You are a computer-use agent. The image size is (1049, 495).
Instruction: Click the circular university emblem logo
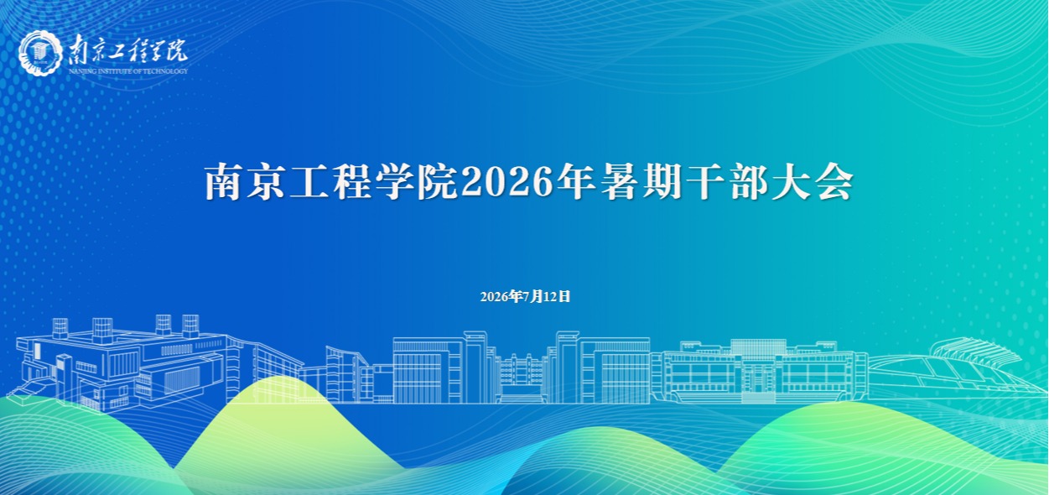click(41, 54)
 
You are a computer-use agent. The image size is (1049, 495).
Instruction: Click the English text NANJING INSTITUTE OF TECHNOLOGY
click(127, 71)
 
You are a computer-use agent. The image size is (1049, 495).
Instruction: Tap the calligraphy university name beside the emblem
click(127, 50)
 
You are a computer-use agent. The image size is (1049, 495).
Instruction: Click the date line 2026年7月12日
click(525, 296)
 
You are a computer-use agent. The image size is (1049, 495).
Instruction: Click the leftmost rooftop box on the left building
click(60, 328)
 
